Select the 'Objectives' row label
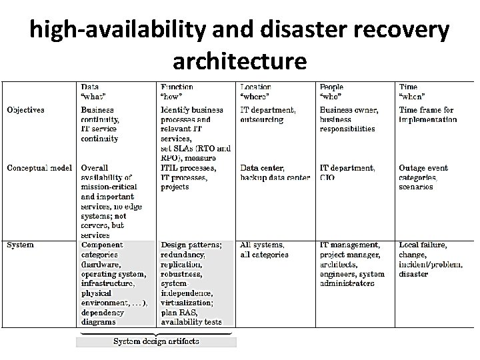pos(25,110)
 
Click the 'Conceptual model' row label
pos(40,168)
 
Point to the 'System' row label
pos(20,245)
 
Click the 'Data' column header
pos(91,87)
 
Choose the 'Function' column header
pos(177,87)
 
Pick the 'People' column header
pos(332,87)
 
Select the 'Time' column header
pos(408,87)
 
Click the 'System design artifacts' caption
pos(156,341)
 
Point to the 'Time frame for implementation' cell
pos(427,115)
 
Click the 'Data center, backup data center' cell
pos(275,173)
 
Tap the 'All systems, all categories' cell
pos(265,249)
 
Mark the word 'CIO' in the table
pos(327,178)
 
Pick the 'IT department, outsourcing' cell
pos(268,115)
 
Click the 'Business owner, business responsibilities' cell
pos(349,119)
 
